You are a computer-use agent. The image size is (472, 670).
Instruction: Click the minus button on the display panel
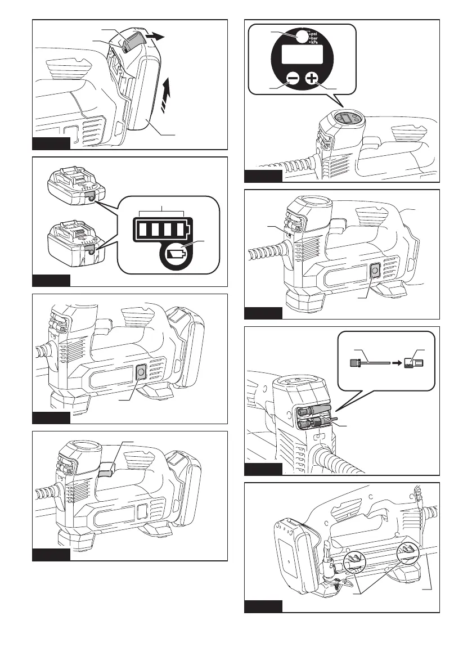click(x=291, y=78)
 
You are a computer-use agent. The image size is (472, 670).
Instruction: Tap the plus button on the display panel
click(x=312, y=78)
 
